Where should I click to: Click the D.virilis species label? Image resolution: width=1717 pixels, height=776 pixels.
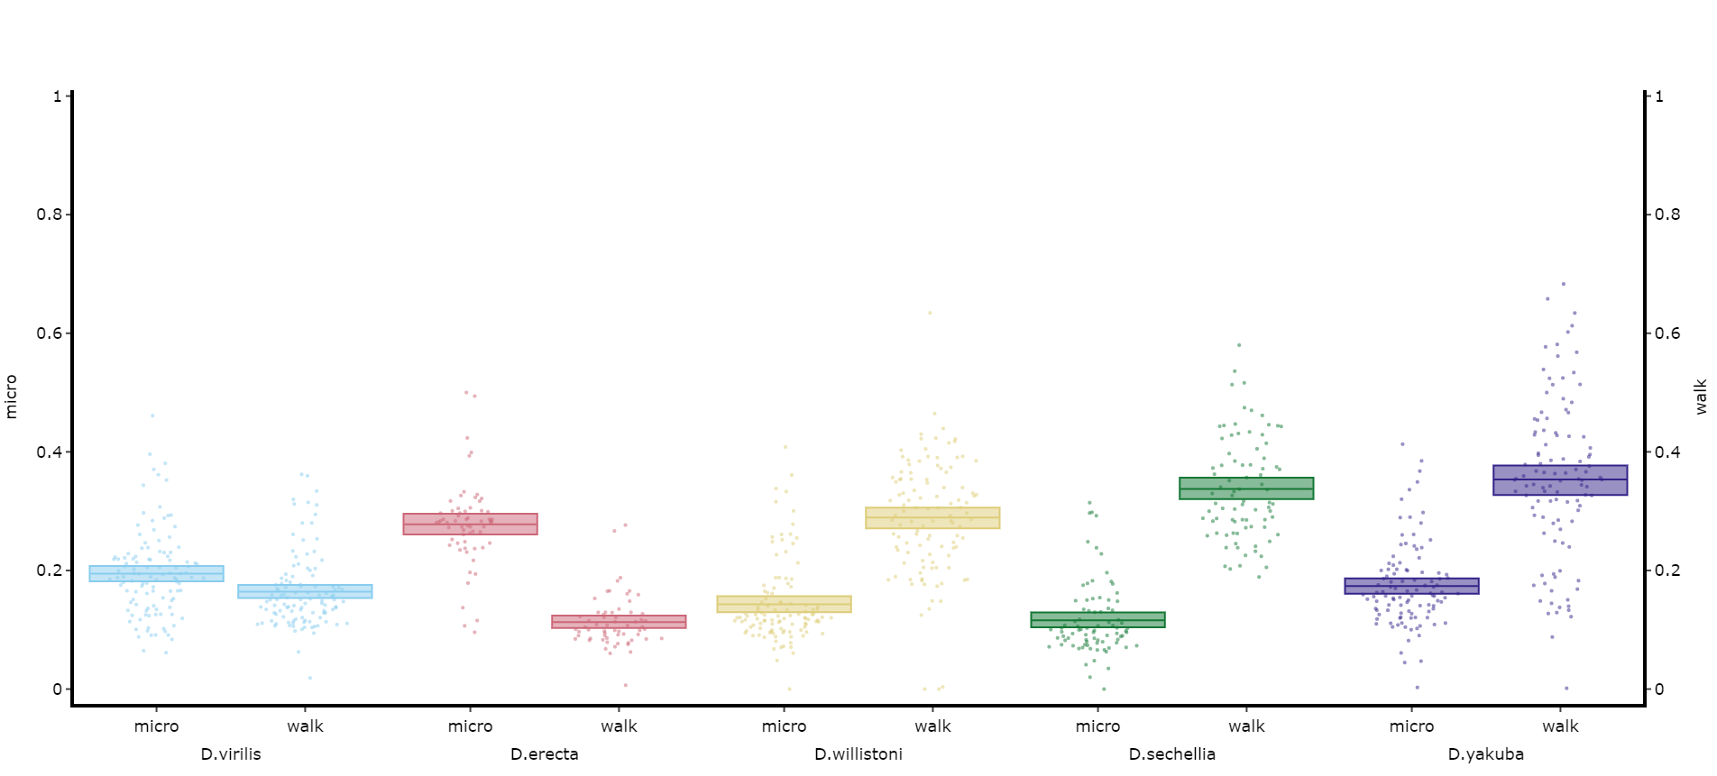click(231, 754)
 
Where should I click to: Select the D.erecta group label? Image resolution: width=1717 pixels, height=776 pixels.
click(545, 754)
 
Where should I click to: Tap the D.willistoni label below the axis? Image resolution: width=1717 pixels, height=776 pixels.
click(858, 754)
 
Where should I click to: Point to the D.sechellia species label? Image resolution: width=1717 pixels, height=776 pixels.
click(1172, 754)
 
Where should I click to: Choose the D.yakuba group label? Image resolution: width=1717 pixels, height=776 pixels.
click(1486, 754)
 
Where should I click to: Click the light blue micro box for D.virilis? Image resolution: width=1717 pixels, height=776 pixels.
click(157, 573)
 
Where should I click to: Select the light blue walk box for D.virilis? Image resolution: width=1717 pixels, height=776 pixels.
click(306, 591)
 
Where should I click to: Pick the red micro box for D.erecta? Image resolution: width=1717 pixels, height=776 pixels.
click(471, 525)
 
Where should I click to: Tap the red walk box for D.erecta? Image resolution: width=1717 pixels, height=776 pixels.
click(620, 622)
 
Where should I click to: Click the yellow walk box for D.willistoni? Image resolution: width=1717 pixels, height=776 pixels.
click(933, 517)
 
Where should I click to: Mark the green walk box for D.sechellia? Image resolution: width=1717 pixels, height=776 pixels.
click(1247, 488)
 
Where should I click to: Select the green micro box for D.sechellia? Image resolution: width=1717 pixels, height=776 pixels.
click(1098, 620)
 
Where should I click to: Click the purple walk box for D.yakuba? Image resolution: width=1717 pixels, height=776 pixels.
click(1561, 480)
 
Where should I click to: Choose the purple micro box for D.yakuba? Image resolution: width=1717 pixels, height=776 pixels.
click(1412, 586)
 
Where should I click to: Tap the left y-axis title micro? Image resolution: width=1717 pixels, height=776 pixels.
click(12, 397)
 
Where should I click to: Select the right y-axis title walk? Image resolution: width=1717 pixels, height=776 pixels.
click(1702, 397)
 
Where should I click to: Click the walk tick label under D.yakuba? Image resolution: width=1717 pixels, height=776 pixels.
click(1561, 726)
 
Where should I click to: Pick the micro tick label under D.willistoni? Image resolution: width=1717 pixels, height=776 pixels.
click(785, 726)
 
